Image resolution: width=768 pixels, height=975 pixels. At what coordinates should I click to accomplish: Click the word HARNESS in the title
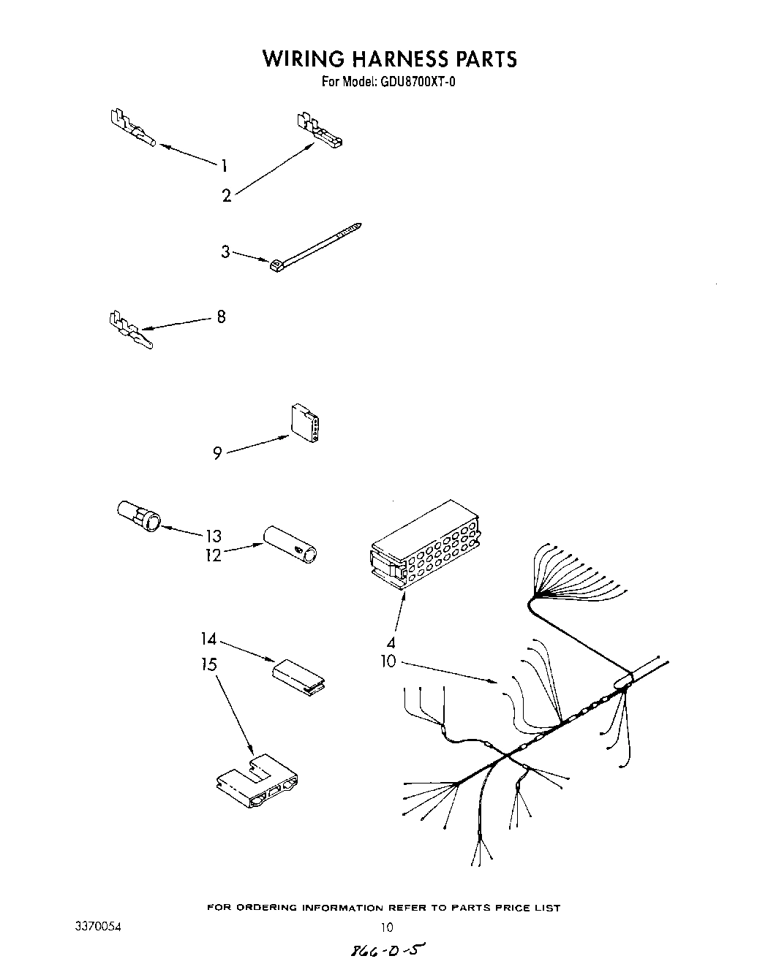coord(385,58)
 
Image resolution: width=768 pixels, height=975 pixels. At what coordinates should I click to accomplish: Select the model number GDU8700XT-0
coord(418,82)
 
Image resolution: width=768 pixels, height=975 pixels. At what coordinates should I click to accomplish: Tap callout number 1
coord(225,164)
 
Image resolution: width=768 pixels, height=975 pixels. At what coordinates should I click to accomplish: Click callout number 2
coord(227,195)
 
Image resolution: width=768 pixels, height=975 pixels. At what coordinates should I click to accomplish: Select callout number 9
coord(217,454)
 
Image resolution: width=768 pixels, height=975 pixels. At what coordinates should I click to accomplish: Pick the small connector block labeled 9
coord(305,423)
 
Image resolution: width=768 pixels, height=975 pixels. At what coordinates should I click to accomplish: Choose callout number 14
coord(209,639)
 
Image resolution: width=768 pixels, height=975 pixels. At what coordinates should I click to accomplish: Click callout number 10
coord(388,661)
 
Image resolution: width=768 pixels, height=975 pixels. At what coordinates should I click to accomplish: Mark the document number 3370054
coord(98,926)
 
